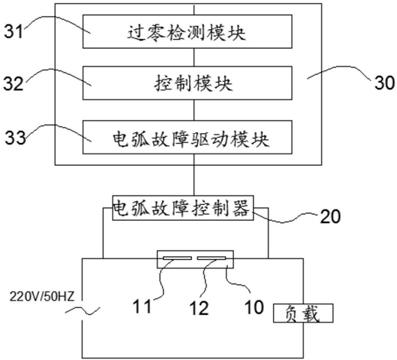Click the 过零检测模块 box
(x=187, y=31)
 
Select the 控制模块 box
(x=187, y=83)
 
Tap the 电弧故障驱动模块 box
(x=187, y=137)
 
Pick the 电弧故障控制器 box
(x=183, y=208)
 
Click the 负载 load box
(x=303, y=313)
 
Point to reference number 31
(x=14, y=31)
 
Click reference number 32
(x=13, y=83)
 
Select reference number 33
(x=15, y=138)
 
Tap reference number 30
(x=385, y=83)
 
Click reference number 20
(x=330, y=216)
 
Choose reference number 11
(x=142, y=306)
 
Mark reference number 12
(x=199, y=307)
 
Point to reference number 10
(x=254, y=306)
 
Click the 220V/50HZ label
(x=42, y=297)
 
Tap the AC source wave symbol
(x=83, y=310)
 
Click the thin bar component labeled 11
(x=177, y=258)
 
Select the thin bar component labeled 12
(x=211, y=258)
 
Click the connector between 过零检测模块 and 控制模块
(x=194, y=57)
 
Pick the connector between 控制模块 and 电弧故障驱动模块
(x=194, y=110)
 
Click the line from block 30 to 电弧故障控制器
(x=194, y=180)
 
